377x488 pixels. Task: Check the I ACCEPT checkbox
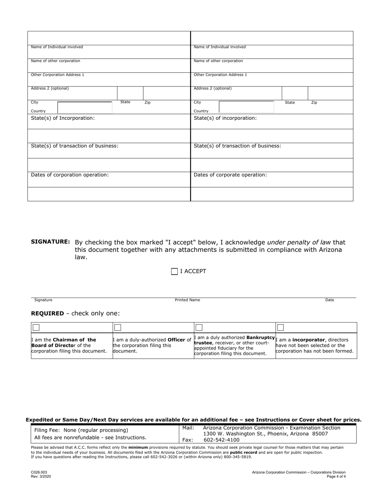point(174,272)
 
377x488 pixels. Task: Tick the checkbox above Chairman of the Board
point(36,328)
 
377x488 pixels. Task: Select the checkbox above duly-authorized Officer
point(117,328)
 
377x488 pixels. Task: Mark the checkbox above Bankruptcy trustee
point(199,328)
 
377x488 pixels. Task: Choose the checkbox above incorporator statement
point(281,328)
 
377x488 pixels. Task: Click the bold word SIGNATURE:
point(50,242)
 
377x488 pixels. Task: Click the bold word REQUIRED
point(47,313)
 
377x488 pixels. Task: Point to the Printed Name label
point(187,300)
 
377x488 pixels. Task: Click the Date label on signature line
point(329,300)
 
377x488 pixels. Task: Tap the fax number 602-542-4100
point(221,440)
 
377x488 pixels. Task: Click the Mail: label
point(188,428)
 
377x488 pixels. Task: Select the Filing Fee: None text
point(81,430)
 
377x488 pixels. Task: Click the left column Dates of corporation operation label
point(70,175)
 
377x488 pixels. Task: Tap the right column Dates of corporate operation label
point(230,175)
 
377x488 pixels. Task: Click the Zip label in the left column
point(147,103)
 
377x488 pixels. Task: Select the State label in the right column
point(290,103)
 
